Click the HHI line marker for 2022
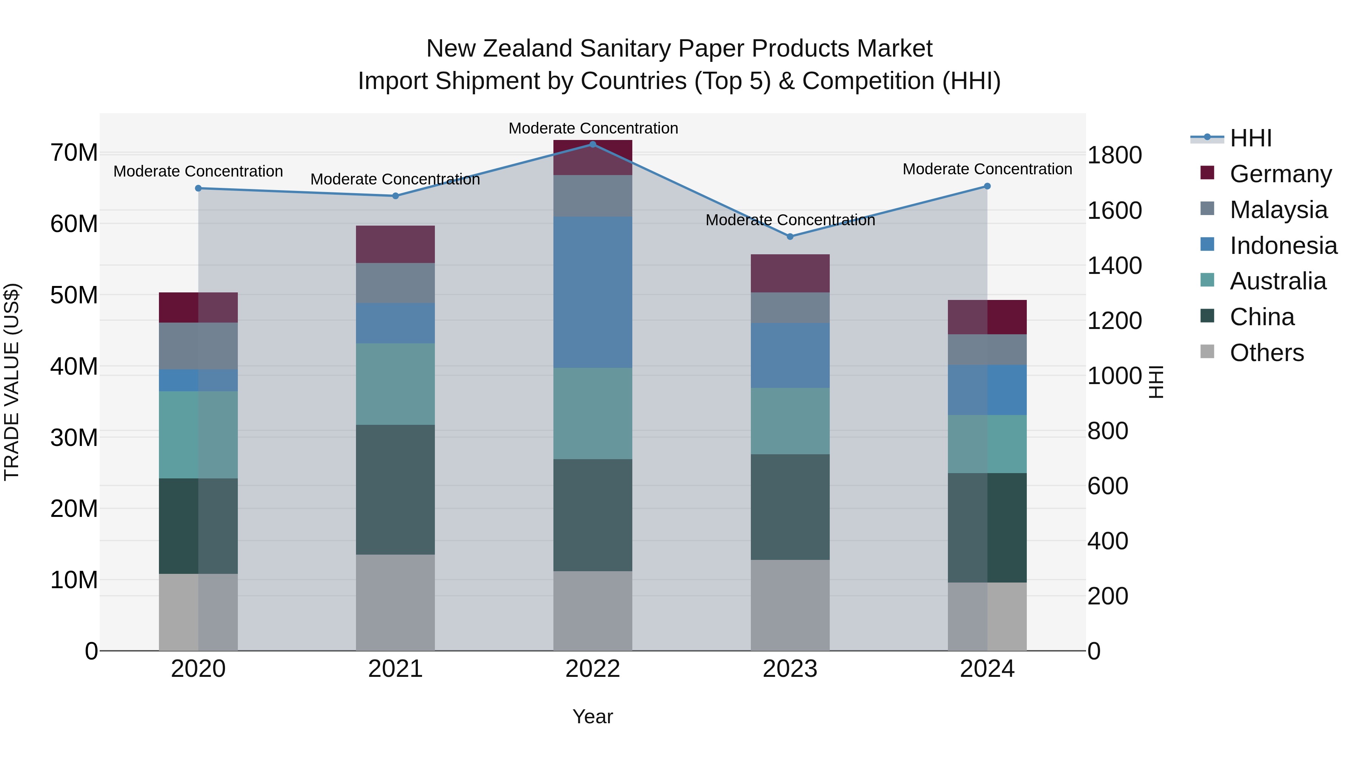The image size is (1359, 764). tap(592, 144)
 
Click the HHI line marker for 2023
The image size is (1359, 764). tap(790, 237)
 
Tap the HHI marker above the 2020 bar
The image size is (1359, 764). tap(198, 188)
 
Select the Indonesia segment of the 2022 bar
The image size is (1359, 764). tap(592, 292)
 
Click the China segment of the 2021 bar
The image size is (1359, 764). tap(395, 489)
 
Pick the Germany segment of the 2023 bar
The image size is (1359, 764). tap(790, 273)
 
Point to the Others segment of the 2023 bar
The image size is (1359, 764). tap(790, 605)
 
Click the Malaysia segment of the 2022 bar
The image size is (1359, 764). tap(592, 195)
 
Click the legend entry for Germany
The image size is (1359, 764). tap(1280, 174)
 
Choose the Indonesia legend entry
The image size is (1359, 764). tap(1283, 246)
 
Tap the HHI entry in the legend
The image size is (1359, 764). tap(1250, 138)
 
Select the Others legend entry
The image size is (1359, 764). tap(1266, 353)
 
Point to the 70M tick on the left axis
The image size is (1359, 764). tap(74, 153)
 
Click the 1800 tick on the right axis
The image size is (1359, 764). tap(1114, 155)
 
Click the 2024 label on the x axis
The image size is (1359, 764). tap(987, 669)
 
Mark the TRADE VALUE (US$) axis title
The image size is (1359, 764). tap(12, 382)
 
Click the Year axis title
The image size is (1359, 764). tap(592, 716)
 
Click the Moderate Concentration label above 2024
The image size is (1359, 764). tap(987, 169)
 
